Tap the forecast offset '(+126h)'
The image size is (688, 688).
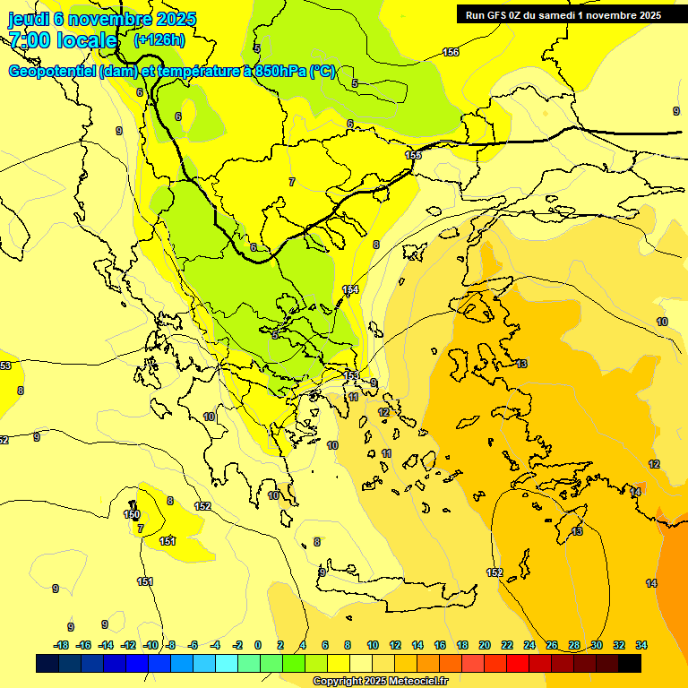[159, 39]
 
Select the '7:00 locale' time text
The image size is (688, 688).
[63, 40]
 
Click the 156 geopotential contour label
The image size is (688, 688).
[451, 53]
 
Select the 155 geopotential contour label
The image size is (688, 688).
[413, 155]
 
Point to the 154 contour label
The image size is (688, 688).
[350, 288]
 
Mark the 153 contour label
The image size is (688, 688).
[351, 374]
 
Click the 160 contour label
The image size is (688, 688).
[132, 514]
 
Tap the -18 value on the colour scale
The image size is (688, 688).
[61, 645]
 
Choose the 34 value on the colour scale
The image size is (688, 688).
[641, 645]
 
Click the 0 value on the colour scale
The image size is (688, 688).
[258, 645]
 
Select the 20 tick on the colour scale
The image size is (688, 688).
[485, 645]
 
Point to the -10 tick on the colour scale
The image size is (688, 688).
[151, 645]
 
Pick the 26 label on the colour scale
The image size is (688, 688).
[552, 645]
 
